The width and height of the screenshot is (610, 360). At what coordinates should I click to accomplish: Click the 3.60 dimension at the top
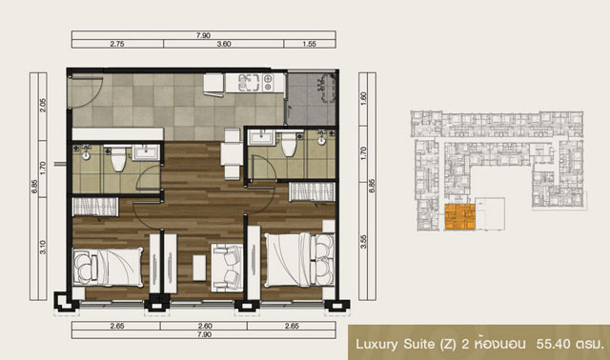pos(224,44)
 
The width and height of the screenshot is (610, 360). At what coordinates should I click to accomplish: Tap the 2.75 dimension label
pos(117,44)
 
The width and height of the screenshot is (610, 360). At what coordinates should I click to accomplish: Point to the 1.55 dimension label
pos(309,44)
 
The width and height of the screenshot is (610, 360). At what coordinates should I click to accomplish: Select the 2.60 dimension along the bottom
pos(205,326)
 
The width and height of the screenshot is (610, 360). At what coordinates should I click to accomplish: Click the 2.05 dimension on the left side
pos(43,106)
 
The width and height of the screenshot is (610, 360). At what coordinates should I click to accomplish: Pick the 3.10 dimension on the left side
pos(43,248)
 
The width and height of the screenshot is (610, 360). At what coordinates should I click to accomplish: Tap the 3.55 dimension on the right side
pos(363,241)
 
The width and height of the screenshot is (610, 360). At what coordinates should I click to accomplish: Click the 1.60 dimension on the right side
pos(363,99)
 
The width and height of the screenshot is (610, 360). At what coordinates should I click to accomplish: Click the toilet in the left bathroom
pos(118,158)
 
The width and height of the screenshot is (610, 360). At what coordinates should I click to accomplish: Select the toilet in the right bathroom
pos(289,144)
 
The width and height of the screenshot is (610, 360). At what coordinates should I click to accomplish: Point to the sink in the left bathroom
pos(146,152)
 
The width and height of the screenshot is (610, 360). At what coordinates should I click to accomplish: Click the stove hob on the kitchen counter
pos(269,83)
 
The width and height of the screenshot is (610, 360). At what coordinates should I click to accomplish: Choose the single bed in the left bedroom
pos(108,268)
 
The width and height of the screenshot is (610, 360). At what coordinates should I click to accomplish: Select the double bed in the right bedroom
pos(299,260)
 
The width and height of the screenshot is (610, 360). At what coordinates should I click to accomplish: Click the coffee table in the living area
pos(199,268)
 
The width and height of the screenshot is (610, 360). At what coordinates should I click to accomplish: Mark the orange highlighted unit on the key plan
pos(459,217)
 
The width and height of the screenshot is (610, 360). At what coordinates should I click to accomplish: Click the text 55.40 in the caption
pos(554,344)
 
